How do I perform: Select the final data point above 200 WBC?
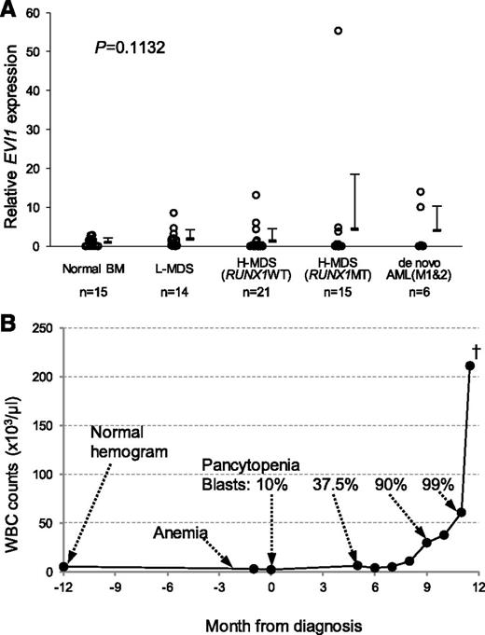[x=469, y=366]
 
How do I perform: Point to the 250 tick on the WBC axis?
[x=41, y=328]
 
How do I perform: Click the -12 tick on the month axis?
[x=63, y=587]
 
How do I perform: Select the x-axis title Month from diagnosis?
[x=266, y=623]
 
